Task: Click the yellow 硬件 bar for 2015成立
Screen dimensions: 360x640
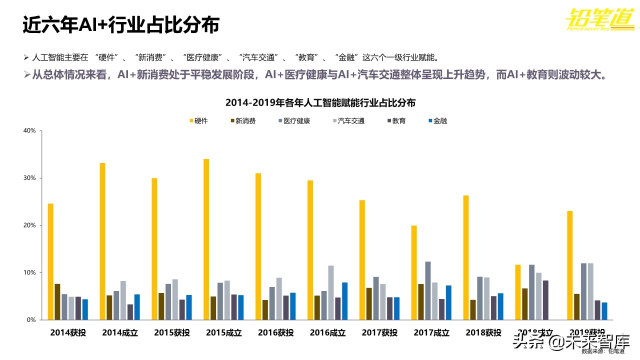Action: pos(206,239)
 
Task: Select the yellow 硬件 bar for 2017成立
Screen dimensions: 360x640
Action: pos(414,272)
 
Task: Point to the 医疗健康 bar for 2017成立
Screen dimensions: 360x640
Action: pos(428,290)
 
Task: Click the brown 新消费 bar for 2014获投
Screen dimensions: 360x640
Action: pos(57,301)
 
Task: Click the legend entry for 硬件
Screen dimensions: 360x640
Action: pos(198,120)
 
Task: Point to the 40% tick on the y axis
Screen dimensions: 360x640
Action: pos(29,130)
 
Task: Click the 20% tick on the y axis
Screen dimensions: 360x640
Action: pos(29,225)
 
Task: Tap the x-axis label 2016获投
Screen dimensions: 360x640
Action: pos(275,332)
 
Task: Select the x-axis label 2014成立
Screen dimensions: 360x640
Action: pos(120,332)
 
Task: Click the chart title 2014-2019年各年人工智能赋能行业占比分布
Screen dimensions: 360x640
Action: pos(320,102)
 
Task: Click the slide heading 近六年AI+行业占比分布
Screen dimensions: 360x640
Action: pos(121,25)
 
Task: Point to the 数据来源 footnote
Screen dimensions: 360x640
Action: pos(602,351)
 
